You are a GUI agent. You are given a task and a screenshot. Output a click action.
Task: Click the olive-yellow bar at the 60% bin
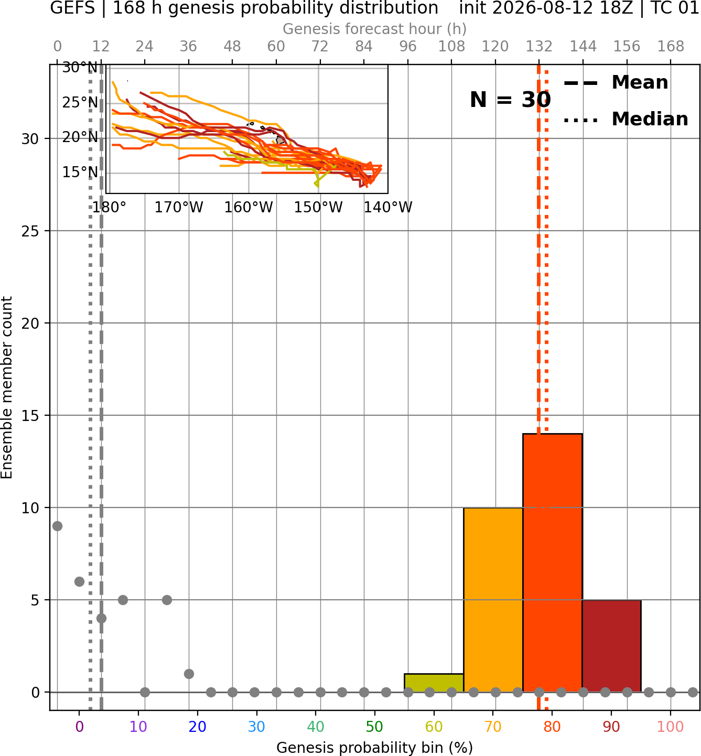tap(434, 683)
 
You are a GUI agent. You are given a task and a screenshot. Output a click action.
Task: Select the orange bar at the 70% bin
tap(493, 600)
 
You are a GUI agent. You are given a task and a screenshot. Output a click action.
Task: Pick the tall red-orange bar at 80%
tap(553, 563)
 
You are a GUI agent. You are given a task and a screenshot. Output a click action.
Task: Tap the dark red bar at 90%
tap(611, 646)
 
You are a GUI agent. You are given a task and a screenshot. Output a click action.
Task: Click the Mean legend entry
tap(616, 83)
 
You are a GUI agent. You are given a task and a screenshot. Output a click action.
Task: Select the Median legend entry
tap(625, 119)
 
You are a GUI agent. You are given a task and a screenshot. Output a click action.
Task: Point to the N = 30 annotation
tap(510, 100)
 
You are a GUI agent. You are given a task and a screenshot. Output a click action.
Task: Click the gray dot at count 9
tap(57, 526)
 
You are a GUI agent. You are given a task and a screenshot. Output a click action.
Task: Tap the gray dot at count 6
tap(79, 581)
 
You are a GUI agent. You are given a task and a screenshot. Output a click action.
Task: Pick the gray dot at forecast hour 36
tap(189, 674)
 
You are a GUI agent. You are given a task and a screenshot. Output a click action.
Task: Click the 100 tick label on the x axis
tap(671, 727)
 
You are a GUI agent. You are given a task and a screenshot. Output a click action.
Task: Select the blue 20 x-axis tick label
tap(198, 727)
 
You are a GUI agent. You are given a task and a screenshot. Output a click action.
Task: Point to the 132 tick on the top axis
tap(539, 47)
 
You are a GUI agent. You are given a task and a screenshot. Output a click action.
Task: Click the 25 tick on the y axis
tap(30, 231)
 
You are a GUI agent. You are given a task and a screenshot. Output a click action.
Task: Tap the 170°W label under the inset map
tap(179, 208)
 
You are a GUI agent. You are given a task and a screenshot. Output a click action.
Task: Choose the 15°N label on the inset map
tap(80, 172)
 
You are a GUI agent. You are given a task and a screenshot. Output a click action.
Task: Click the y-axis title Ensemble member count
tap(6, 387)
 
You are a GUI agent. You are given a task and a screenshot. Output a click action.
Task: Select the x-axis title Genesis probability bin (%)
tap(375, 748)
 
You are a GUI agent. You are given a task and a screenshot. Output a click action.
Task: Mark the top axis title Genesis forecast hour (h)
tap(375, 29)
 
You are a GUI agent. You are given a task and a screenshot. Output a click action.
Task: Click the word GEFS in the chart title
tap(72, 8)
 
